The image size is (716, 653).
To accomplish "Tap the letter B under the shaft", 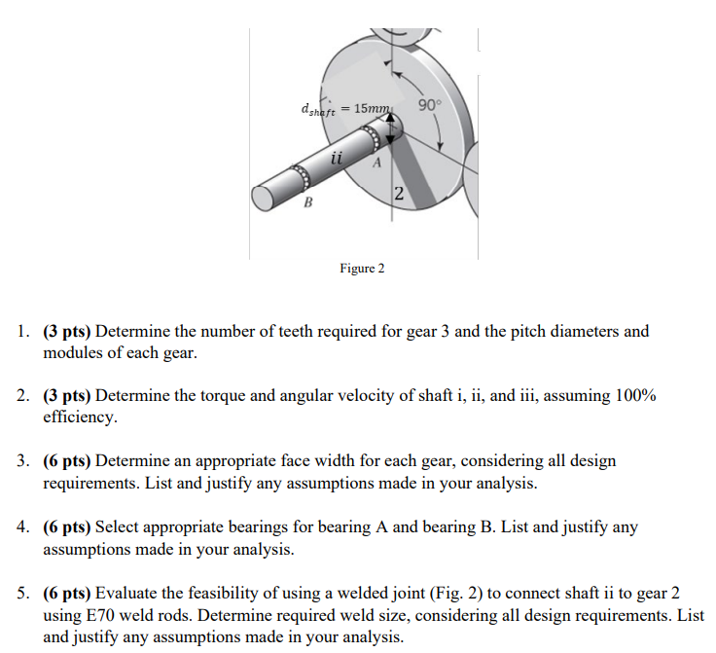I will tap(308, 203).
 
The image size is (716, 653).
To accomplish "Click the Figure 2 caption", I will tap(362, 268).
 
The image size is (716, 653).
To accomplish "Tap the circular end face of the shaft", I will tap(263, 198).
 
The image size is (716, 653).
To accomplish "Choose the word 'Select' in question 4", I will tap(118, 527).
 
